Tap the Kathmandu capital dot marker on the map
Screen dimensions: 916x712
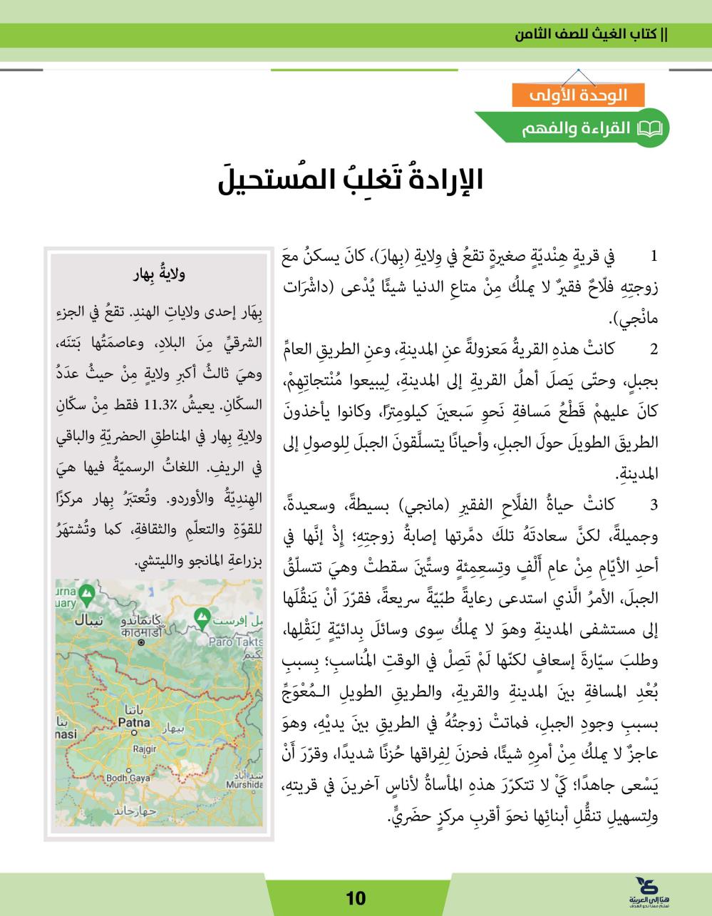(140, 642)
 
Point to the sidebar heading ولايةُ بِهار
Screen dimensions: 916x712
(160, 272)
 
